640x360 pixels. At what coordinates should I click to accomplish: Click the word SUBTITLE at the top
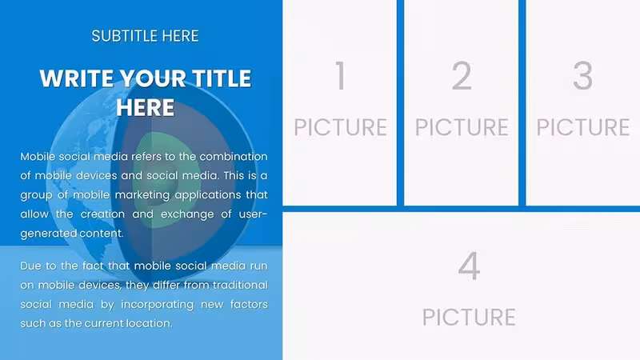pos(125,36)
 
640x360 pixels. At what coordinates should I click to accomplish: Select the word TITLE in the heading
pos(222,78)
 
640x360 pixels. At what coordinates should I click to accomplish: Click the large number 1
pos(341,75)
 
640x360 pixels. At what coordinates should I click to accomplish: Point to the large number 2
pos(462,75)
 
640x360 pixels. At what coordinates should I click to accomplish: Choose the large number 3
pos(583,75)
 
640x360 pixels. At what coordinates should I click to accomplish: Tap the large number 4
pos(469,266)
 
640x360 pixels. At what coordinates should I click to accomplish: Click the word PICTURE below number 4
pos(469,317)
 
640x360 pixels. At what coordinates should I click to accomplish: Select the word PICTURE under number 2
pos(462,127)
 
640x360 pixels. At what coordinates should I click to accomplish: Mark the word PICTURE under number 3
pos(583,127)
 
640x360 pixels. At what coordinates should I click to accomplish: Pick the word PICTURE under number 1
pos(341,127)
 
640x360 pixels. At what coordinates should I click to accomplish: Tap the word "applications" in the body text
pos(207,195)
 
